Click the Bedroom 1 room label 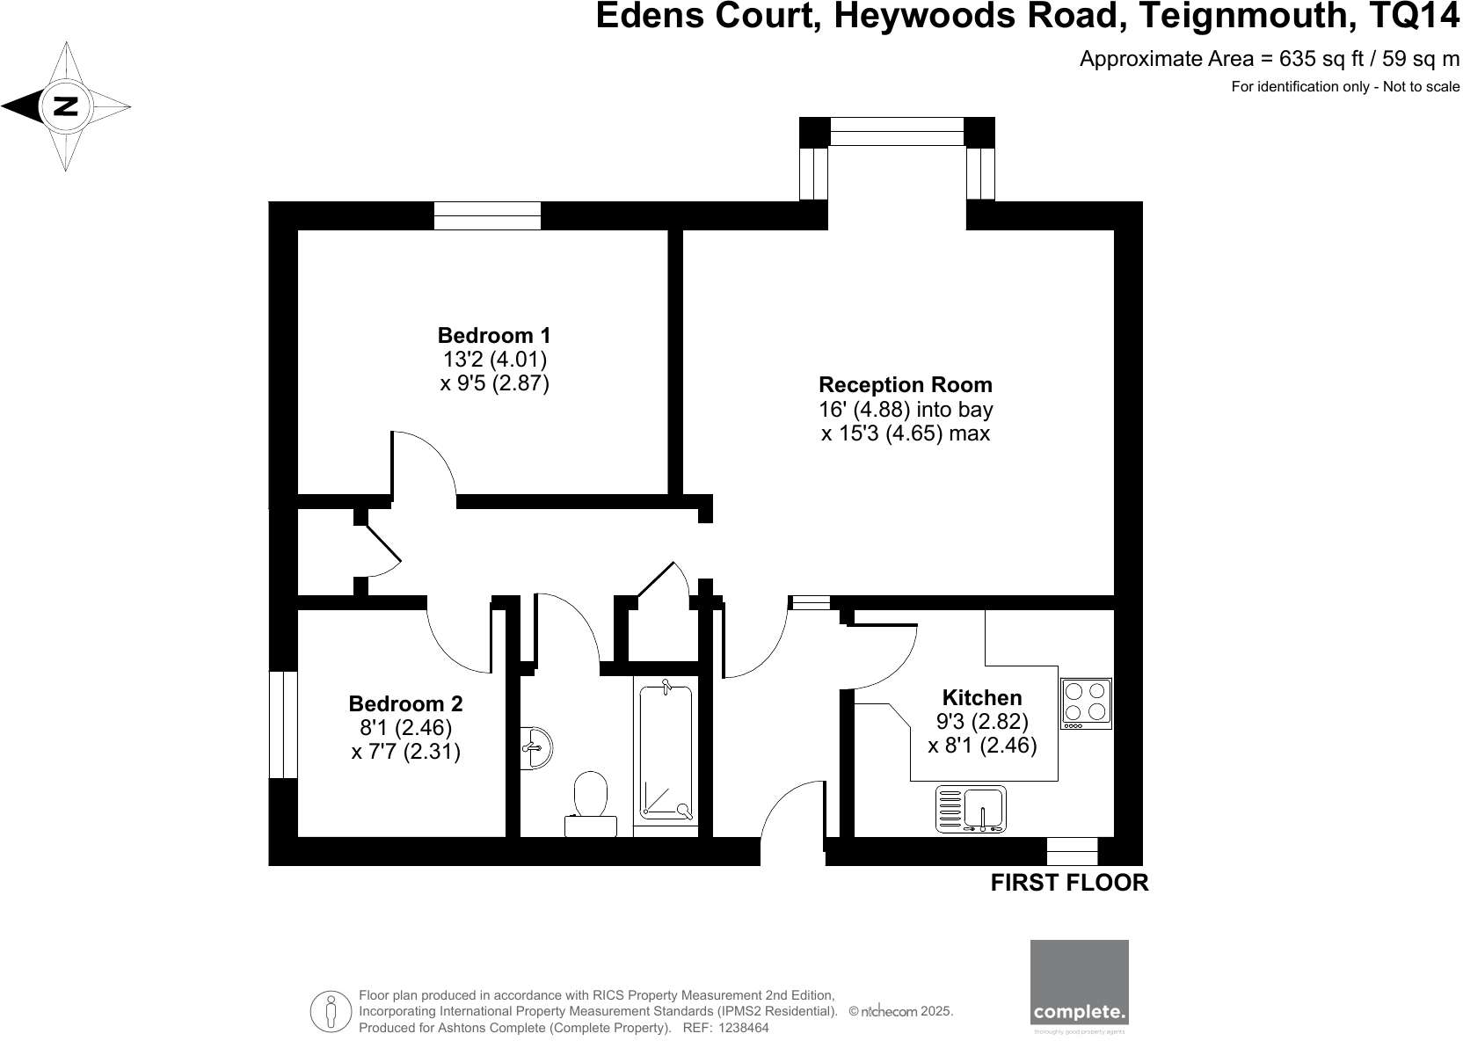coord(494,335)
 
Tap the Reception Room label coord(905,384)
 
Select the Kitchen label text coord(982,697)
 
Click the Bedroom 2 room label coord(405,703)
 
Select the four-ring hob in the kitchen coord(1087,702)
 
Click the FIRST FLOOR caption coord(1069,883)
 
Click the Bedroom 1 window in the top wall coord(487,215)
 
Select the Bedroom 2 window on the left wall coord(282,724)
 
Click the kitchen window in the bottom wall coord(1072,851)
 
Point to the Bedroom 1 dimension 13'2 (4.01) coord(494,359)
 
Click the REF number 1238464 coord(744,1028)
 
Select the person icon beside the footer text coord(331,1011)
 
